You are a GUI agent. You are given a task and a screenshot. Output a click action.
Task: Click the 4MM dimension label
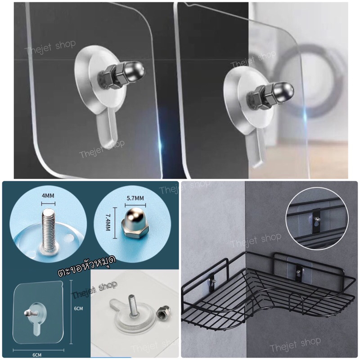click(x=48, y=196)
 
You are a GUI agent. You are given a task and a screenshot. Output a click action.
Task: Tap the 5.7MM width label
click(x=135, y=198)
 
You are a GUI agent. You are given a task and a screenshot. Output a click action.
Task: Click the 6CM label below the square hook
click(x=37, y=355)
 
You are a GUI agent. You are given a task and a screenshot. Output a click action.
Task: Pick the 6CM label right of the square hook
click(x=78, y=308)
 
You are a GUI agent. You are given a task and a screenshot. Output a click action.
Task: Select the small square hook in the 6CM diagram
click(x=38, y=316)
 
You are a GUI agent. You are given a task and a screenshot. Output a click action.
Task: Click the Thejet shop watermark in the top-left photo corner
click(x=50, y=48)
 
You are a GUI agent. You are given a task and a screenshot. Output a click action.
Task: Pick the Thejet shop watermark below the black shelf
click(x=295, y=345)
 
